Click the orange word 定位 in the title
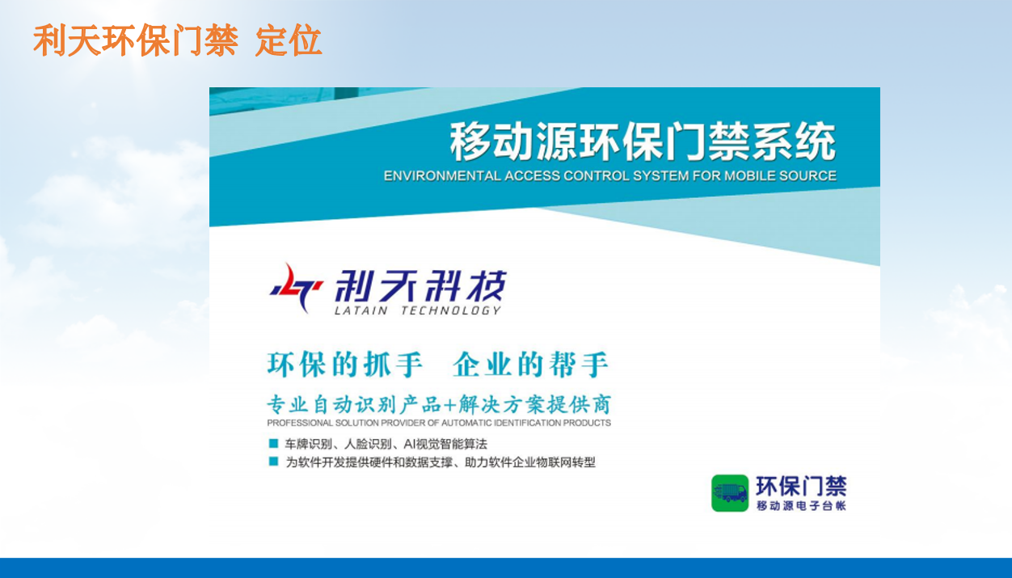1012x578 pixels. point(289,40)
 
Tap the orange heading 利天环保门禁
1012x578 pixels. point(136,40)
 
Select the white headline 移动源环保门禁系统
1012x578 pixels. point(643,142)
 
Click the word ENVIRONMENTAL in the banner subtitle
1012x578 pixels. point(442,175)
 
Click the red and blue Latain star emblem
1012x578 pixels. point(297,289)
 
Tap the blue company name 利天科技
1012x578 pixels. point(420,285)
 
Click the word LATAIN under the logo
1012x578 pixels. point(361,310)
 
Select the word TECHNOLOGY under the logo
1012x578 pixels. point(451,310)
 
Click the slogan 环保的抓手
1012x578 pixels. point(344,365)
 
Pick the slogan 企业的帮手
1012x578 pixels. point(531,365)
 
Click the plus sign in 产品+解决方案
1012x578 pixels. point(449,405)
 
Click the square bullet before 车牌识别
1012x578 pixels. point(273,443)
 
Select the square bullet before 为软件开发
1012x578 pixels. point(273,462)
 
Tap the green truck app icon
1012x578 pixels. point(730,493)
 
